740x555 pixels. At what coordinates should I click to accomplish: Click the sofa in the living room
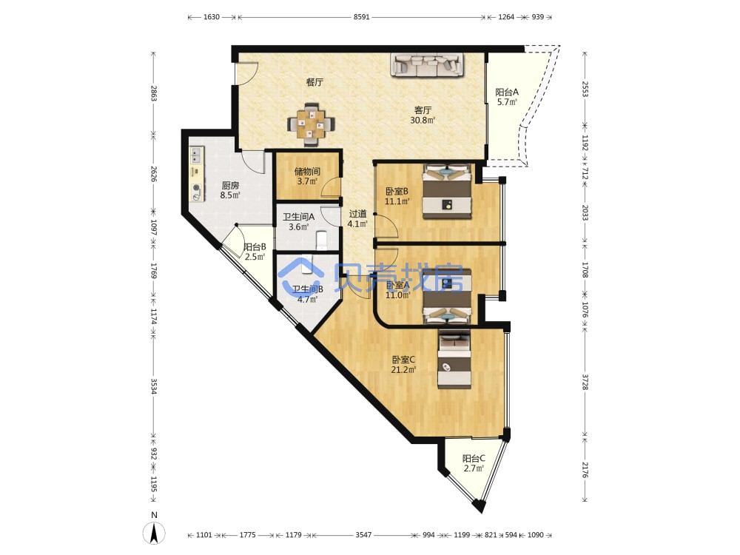click(427, 64)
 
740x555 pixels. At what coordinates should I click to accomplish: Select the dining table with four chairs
click(312, 124)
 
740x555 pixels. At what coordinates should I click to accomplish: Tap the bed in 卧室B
click(447, 191)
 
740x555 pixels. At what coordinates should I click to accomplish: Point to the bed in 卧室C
click(454, 359)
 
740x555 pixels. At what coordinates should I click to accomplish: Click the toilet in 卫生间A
click(322, 240)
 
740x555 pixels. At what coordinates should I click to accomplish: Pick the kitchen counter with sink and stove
click(197, 174)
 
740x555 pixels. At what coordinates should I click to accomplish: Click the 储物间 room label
click(307, 172)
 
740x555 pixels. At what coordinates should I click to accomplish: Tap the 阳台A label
click(507, 92)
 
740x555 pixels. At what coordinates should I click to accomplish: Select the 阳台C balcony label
click(474, 458)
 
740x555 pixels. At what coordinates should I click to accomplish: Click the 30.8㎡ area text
click(423, 120)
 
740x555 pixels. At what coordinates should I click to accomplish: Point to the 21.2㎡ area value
click(403, 369)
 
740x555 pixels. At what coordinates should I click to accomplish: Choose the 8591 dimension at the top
click(362, 17)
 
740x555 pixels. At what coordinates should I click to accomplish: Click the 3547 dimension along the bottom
click(363, 535)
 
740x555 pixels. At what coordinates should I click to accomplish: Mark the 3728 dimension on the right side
click(585, 383)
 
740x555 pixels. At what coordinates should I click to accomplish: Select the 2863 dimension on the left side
click(153, 93)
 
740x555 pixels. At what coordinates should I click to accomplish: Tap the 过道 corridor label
click(357, 214)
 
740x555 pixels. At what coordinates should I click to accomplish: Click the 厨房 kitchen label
click(230, 186)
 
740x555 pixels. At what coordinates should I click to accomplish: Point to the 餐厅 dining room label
click(314, 82)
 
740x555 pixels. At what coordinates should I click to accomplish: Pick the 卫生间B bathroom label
click(307, 289)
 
